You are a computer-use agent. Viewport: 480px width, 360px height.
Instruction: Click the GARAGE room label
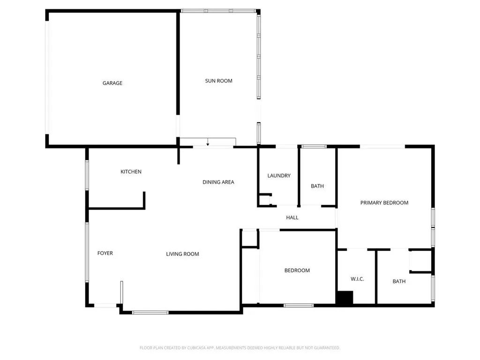pyautogui.click(x=112, y=83)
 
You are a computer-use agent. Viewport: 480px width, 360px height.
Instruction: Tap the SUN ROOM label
pyautogui.click(x=218, y=81)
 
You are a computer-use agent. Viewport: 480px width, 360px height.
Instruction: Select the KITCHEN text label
pyautogui.click(x=131, y=172)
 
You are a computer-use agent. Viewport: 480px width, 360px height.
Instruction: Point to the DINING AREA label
pyautogui.click(x=218, y=182)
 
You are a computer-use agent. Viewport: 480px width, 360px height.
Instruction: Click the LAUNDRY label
pyautogui.click(x=279, y=176)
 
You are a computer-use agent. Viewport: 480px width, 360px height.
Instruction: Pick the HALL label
pyautogui.click(x=292, y=217)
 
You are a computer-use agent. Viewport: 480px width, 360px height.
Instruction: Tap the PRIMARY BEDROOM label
pyautogui.click(x=384, y=203)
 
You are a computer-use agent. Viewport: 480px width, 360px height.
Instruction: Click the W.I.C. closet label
pyautogui.click(x=357, y=279)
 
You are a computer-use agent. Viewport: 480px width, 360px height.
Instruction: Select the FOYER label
pyautogui.click(x=105, y=254)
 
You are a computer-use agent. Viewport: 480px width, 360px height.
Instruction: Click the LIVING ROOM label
pyautogui.click(x=182, y=254)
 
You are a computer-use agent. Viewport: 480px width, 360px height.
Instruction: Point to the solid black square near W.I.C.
pyautogui.click(x=345, y=299)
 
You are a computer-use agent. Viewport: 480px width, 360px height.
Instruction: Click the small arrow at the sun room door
pyautogui.click(x=208, y=143)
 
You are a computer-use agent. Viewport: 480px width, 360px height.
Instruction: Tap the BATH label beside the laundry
pyautogui.click(x=317, y=187)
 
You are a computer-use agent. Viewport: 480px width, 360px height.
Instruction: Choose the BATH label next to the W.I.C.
pyautogui.click(x=399, y=282)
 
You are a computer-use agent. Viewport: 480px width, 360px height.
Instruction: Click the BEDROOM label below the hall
pyautogui.click(x=297, y=270)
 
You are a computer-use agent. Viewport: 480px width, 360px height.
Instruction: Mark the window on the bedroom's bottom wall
pyautogui.click(x=299, y=306)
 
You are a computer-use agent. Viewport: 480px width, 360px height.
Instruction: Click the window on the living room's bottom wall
pyautogui.click(x=150, y=312)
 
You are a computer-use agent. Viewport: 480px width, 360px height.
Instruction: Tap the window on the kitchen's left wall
pyautogui.click(x=87, y=175)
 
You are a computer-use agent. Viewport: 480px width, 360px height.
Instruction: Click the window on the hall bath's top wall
pyautogui.click(x=314, y=147)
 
